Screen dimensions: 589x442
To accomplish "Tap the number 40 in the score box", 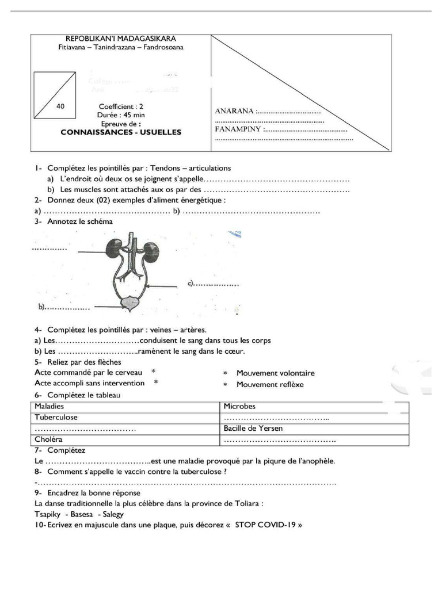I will pyautogui.click(x=61, y=106).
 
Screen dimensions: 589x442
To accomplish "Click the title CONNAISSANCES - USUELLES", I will pyautogui.click(x=121, y=132).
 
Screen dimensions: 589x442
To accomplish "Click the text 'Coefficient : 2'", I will pyautogui.click(x=121, y=106).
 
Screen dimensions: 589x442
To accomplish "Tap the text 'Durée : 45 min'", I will pyautogui.click(x=121, y=115).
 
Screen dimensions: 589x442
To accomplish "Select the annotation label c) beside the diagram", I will pyautogui.click(x=192, y=284).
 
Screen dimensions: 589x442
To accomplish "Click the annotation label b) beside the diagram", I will pyautogui.click(x=42, y=307).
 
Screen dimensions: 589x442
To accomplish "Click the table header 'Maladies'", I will pyautogui.click(x=49, y=407).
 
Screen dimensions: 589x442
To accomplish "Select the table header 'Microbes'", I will pyautogui.click(x=239, y=407).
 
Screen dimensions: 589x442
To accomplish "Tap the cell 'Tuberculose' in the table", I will pyautogui.click(x=56, y=418).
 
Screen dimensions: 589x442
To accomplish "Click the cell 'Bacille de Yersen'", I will pyautogui.click(x=253, y=429).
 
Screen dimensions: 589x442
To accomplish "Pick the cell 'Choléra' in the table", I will pyautogui.click(x=48, y=439).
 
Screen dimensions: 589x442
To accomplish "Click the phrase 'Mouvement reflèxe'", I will pyautogui.click(x=270, y=385).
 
